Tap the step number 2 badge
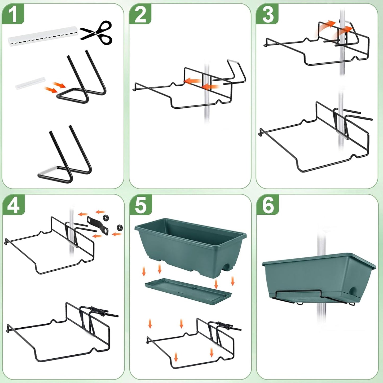coord(140,14)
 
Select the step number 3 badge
coord(267,14)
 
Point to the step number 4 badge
coord(13,205)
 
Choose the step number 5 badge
coord(140,205)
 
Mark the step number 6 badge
coord(268,205)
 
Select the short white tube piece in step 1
coord(30,83)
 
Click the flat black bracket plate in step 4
coord(98,225)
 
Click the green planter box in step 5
coord(190,245)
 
